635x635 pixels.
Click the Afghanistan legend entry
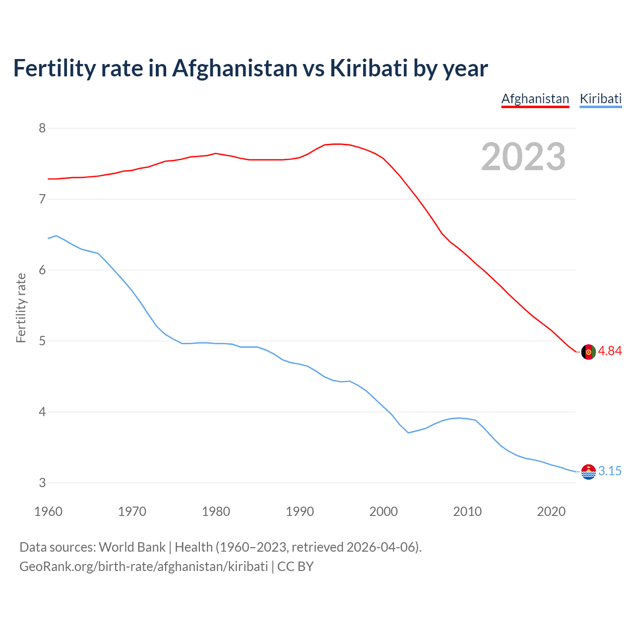click(535, 99)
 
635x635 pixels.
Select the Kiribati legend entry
click(600, 99)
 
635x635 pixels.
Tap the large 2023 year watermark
click(523, 157)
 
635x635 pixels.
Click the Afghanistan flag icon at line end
click(588, 352)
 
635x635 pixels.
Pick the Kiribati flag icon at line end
click(588, 472)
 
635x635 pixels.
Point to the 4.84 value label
click(610, 351)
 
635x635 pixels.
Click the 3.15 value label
click(610, 471)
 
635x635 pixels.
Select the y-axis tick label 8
click(42, 128)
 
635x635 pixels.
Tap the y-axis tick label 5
click(42, 341)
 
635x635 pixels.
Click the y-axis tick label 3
click(42, 483)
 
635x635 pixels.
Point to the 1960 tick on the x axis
click(48, 511)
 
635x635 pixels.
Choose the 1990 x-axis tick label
click(300, 511)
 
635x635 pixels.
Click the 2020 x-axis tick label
click(551, 511)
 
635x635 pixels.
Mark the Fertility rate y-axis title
click(21, 308)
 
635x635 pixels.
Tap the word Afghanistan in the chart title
click(235, 68)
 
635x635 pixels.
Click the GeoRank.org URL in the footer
click(143, 567)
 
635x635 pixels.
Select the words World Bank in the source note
click(132, 547)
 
